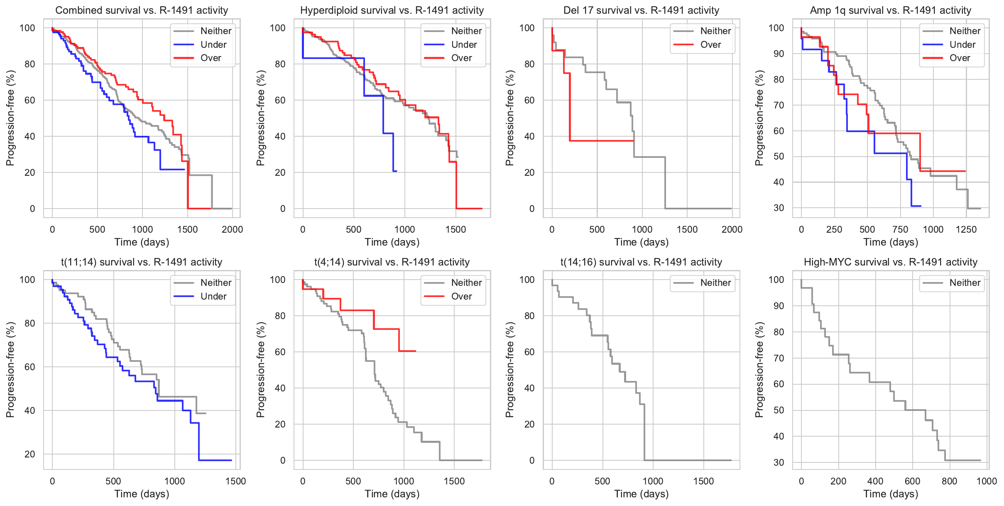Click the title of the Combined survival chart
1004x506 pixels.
tap(142, 10)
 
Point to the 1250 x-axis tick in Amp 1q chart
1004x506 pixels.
tap(966, 229)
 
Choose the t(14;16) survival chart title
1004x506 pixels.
tap(641, 262)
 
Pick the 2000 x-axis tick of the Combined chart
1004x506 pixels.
tap(232, 229)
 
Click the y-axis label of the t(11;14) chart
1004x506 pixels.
tap(10, 370)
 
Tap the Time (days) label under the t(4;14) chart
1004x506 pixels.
tap(392, 494)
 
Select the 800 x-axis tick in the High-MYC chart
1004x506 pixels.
tap(949, 481)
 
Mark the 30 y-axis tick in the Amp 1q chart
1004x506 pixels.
tap(779, 208)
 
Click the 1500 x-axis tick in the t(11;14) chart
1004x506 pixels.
tap(235, 481)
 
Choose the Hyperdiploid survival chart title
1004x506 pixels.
tap(392, 10)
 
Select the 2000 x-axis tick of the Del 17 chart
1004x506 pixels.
tap(732, 229)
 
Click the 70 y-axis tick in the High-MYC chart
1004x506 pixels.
tap(779, 358)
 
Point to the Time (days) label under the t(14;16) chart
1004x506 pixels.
tap(641, 494)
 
